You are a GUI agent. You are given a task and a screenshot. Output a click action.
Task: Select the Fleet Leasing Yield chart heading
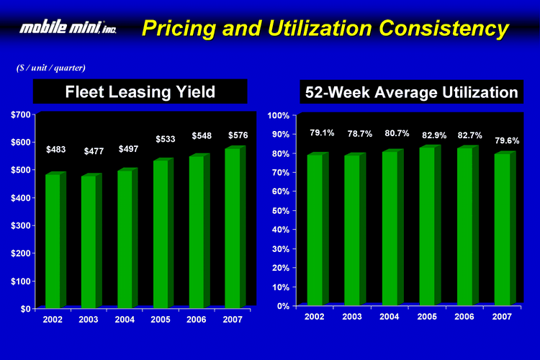(140, 92)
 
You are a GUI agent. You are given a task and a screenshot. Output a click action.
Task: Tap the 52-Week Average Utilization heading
(411, 93)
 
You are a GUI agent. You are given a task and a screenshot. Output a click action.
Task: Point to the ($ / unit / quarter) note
(51, 68)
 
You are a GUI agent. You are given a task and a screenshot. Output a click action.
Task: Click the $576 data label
(238, 135)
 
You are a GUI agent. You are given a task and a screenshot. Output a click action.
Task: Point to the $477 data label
(94, 151)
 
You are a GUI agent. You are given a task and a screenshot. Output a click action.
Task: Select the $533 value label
(166, 139)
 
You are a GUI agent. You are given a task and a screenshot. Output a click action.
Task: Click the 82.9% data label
(434, 135)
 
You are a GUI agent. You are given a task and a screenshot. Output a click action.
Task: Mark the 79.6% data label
(507, 140)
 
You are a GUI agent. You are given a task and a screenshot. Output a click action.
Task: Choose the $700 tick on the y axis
(20, 115)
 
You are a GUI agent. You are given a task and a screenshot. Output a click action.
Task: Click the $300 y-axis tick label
(20, 226)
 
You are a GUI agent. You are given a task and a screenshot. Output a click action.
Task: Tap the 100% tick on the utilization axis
(278, 116)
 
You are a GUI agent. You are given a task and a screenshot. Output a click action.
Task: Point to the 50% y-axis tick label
(280, 211)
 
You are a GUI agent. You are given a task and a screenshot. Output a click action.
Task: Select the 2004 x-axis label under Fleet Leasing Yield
(125, 318)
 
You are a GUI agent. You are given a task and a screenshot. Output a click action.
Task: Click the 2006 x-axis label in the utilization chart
(464, 317)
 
